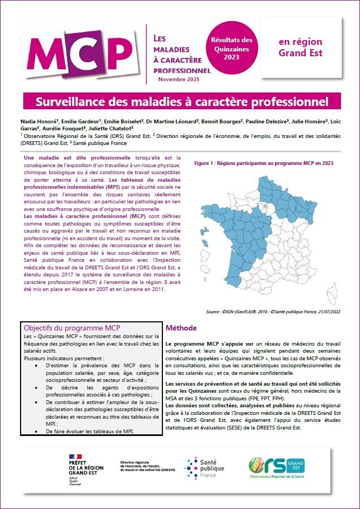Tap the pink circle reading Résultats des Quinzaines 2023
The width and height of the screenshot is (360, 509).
(x=231, y=49)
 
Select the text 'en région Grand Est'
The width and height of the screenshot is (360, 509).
(x=300, y=48)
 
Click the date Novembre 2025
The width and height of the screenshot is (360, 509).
(x=178, y=80)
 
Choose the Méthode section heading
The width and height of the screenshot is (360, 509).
(x=181, y=328)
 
